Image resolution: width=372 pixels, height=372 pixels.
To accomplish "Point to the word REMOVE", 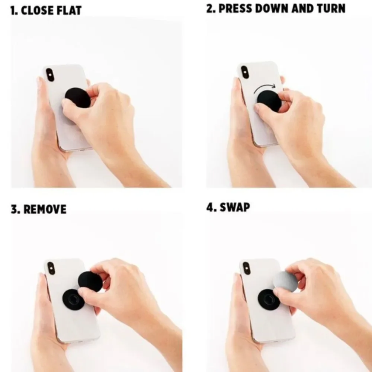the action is tap(45, 209).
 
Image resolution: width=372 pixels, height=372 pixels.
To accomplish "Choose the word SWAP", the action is tap(235, 207).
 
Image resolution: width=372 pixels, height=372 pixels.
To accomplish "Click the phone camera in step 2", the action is tap(245, 72).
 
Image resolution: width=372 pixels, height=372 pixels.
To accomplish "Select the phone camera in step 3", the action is tap(51, 268).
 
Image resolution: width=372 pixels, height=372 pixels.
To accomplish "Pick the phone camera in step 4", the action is tap(247, 268).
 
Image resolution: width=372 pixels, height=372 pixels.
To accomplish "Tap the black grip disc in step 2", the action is tap(269, 100).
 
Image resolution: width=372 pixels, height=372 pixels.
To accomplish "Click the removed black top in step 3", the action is tap(90, 281).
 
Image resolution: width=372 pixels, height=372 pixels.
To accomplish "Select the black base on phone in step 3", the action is tap(73, 299).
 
